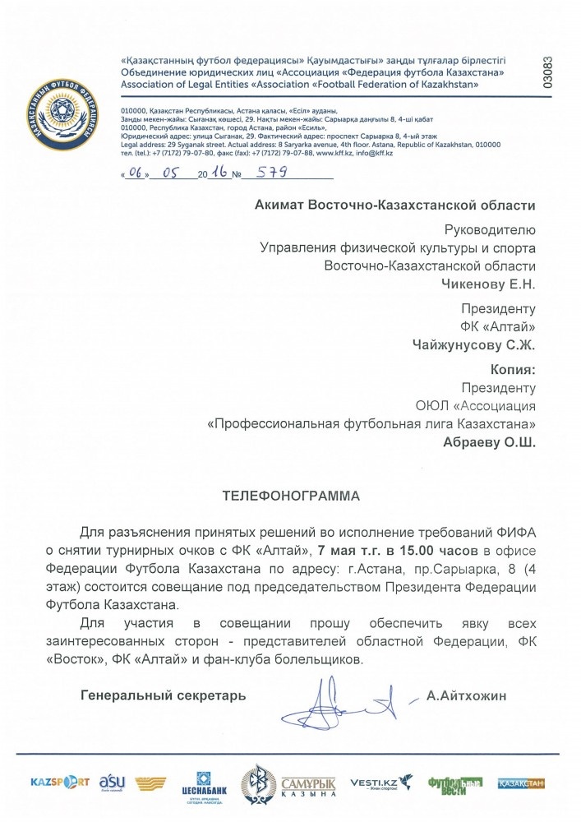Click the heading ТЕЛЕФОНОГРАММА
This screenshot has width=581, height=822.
pyautogui.click(x=291, y=496)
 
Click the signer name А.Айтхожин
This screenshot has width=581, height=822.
pyautogui.click(x=467, y=695)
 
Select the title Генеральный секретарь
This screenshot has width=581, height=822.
pyautogui.click(x=163, y=695)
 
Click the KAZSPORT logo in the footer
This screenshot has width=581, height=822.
pyautogui.click(x=59, y=782)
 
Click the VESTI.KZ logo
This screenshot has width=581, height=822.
pyautogui.click(x=380, y=783)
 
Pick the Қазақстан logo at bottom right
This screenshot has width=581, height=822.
pyautogui.click(x=521, y=783)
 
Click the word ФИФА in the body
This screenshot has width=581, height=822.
pyautogui.click(x=513, y=531)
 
